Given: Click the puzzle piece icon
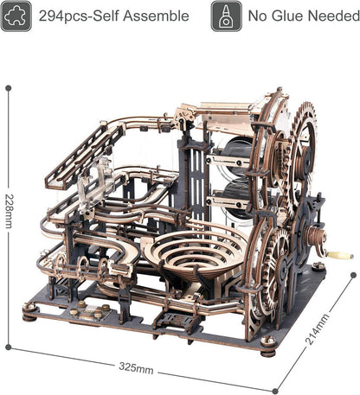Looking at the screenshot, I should tap(16, 16).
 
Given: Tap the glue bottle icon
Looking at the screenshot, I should tap(226, 16).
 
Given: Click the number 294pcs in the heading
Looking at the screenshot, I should tap(67, 16).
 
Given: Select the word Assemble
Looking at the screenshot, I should tap(158, 16).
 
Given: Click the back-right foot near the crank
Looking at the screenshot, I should tap(319, 266).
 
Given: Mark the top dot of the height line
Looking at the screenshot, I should tap(9, 87).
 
